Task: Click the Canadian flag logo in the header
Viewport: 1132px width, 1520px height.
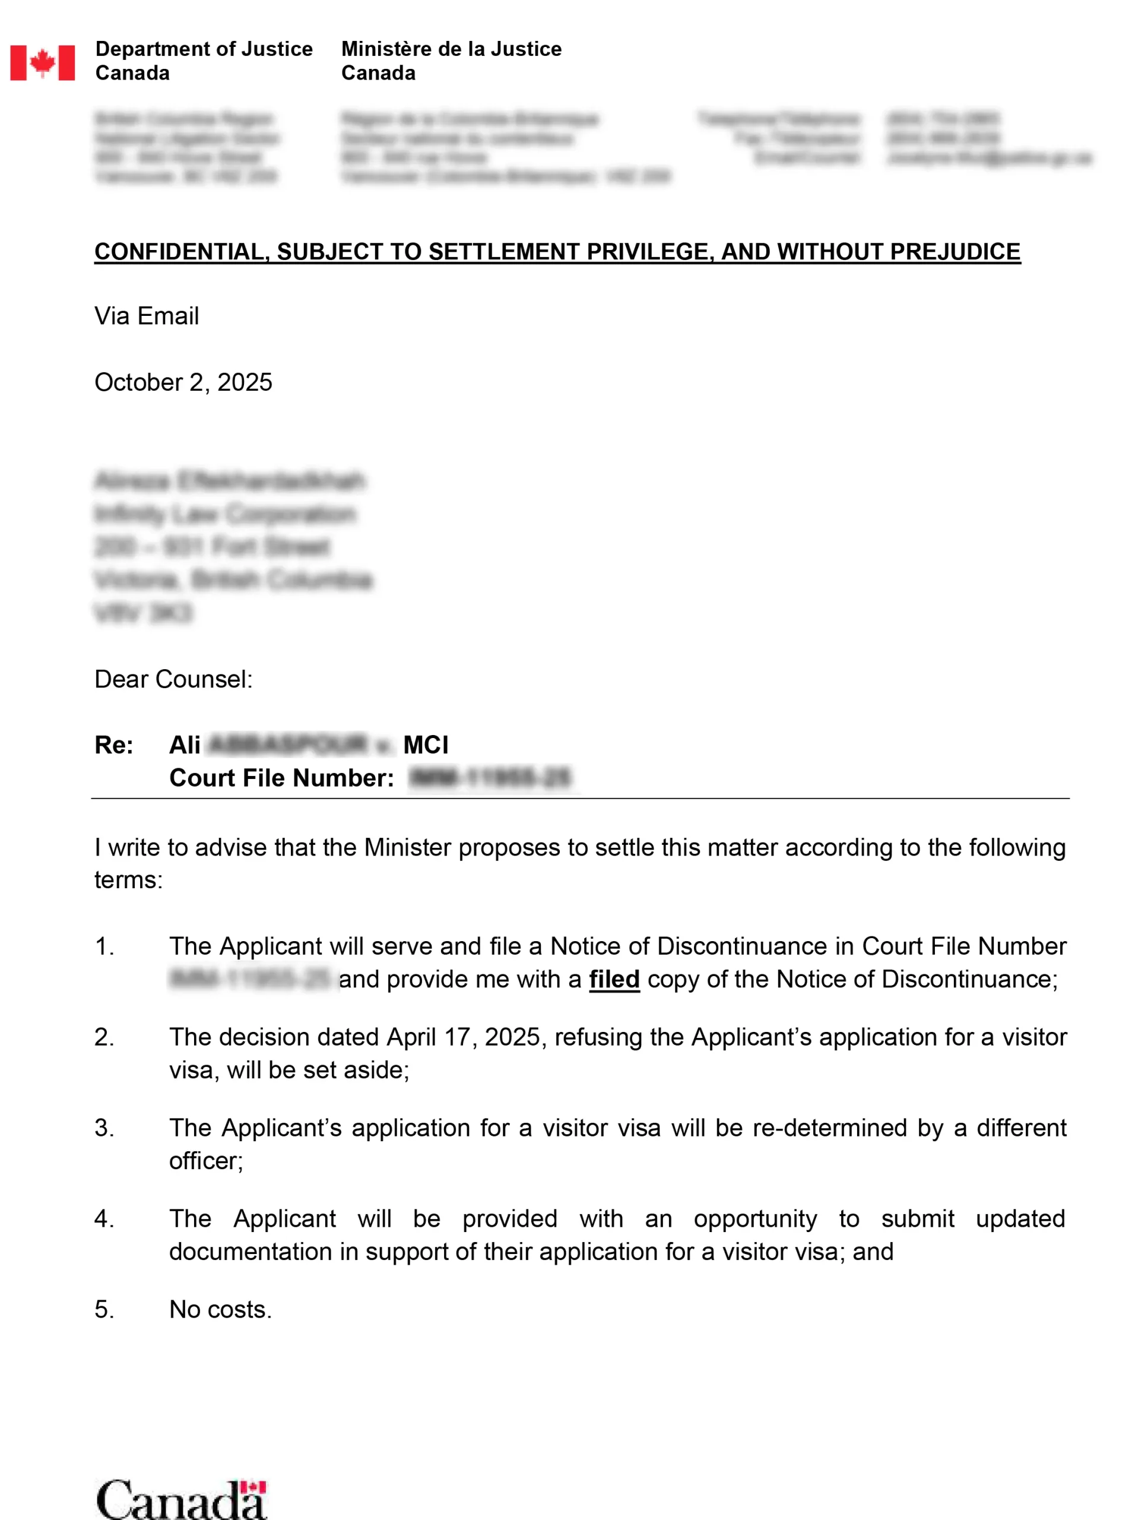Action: (x=43, y=63)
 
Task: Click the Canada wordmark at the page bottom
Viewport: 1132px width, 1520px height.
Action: (x=181, y=1499)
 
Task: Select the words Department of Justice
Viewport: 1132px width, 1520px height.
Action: (x=204, y=49)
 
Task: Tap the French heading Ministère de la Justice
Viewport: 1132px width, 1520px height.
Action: (x=451, y=49)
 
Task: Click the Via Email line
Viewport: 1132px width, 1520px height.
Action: (x=147, y=316)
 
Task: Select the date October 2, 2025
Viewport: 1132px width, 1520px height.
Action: (x=183, y=382)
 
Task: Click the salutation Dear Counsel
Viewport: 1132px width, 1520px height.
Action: (x=173, y=679)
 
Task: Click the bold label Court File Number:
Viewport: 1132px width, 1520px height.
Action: (x=281, y=777)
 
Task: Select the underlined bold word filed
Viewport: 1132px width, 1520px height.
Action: (x=614, y=978)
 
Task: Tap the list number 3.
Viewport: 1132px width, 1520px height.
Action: (x=104, y=1128)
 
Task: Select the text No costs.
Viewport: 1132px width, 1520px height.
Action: (x=220, y=1309)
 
